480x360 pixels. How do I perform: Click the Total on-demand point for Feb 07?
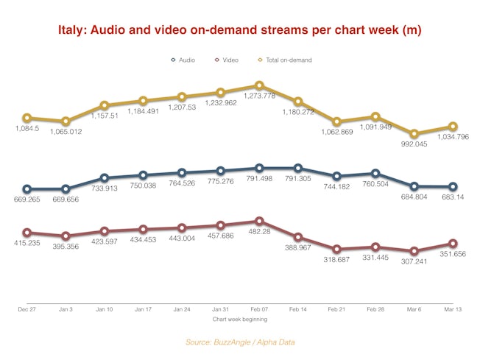point(259,85)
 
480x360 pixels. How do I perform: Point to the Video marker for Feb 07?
point(259,220)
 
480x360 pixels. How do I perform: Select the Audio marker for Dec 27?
point(27,189)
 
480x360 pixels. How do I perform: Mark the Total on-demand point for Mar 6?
point(414,134)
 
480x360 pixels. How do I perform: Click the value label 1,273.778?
point(259,98)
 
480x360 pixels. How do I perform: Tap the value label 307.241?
point(414,263)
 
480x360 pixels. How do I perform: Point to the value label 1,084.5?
point(27,130)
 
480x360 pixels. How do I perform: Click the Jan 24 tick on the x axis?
point(182,311)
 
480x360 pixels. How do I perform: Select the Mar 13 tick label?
point(453,311)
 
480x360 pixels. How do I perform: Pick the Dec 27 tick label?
point(27,311)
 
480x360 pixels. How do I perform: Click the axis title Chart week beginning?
point(240,320)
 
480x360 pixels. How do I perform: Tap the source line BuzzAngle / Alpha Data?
point(240,342)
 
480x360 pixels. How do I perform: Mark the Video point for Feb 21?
point(337,250)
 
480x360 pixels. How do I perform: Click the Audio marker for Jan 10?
point(105,177)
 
